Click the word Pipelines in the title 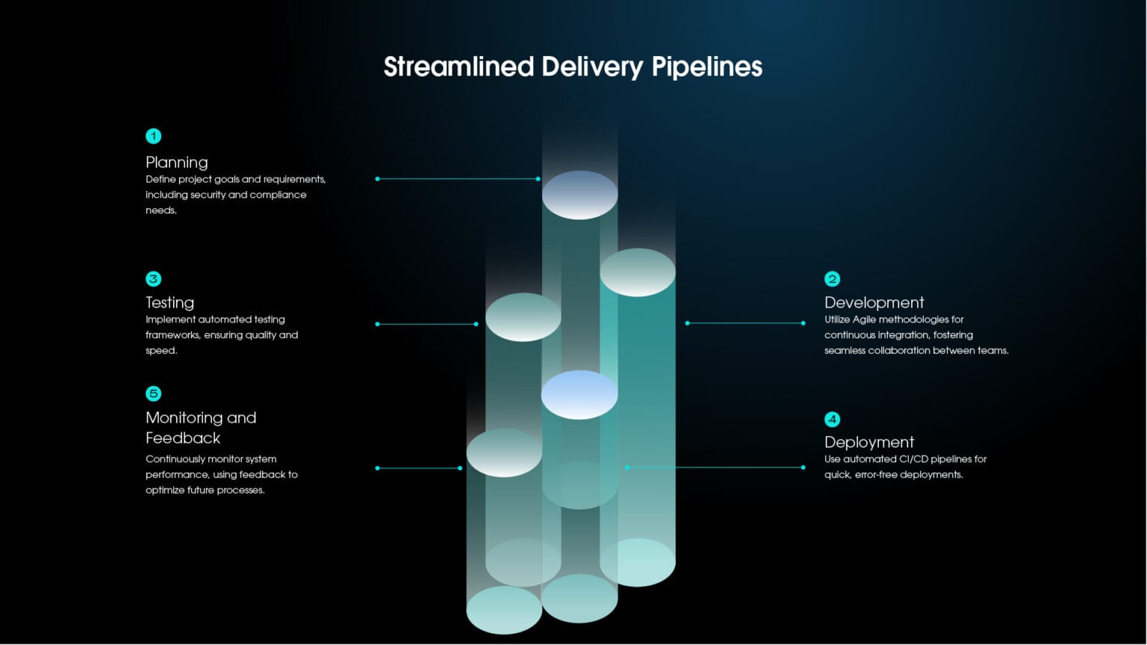point(706,67)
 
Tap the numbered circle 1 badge point(153,136)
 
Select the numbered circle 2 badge point(832,278)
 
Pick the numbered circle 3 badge point(153,278)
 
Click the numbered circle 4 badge point(832,419)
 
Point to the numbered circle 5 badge point(153,393)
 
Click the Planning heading point(177,162)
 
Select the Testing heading point(170,302)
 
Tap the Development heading point(874,302)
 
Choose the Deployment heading point(869,442)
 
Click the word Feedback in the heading point(183,438)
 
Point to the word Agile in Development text point(864,320)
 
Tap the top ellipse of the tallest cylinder point(579,195)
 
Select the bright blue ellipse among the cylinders point(579,394)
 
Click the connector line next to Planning point(457,179)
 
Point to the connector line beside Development point(745,323)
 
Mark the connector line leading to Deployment point(715,467)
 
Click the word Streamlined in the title point(459,67)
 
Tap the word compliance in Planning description point(278,195)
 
